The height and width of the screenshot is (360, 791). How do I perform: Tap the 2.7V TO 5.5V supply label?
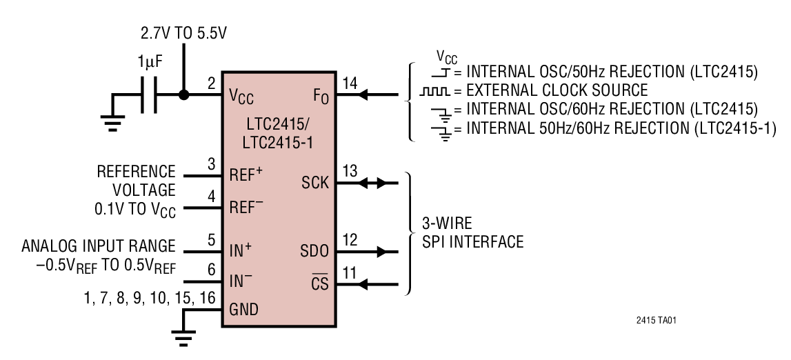(183, 33)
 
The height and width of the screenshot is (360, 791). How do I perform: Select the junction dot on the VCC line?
(183, 94)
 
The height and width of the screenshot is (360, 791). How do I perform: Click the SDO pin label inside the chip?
(314, 250)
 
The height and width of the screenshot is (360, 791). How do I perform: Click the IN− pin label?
(241, 281)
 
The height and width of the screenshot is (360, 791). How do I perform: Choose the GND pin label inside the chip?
(244, 310)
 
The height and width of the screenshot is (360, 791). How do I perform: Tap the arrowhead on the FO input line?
(361, 94)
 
